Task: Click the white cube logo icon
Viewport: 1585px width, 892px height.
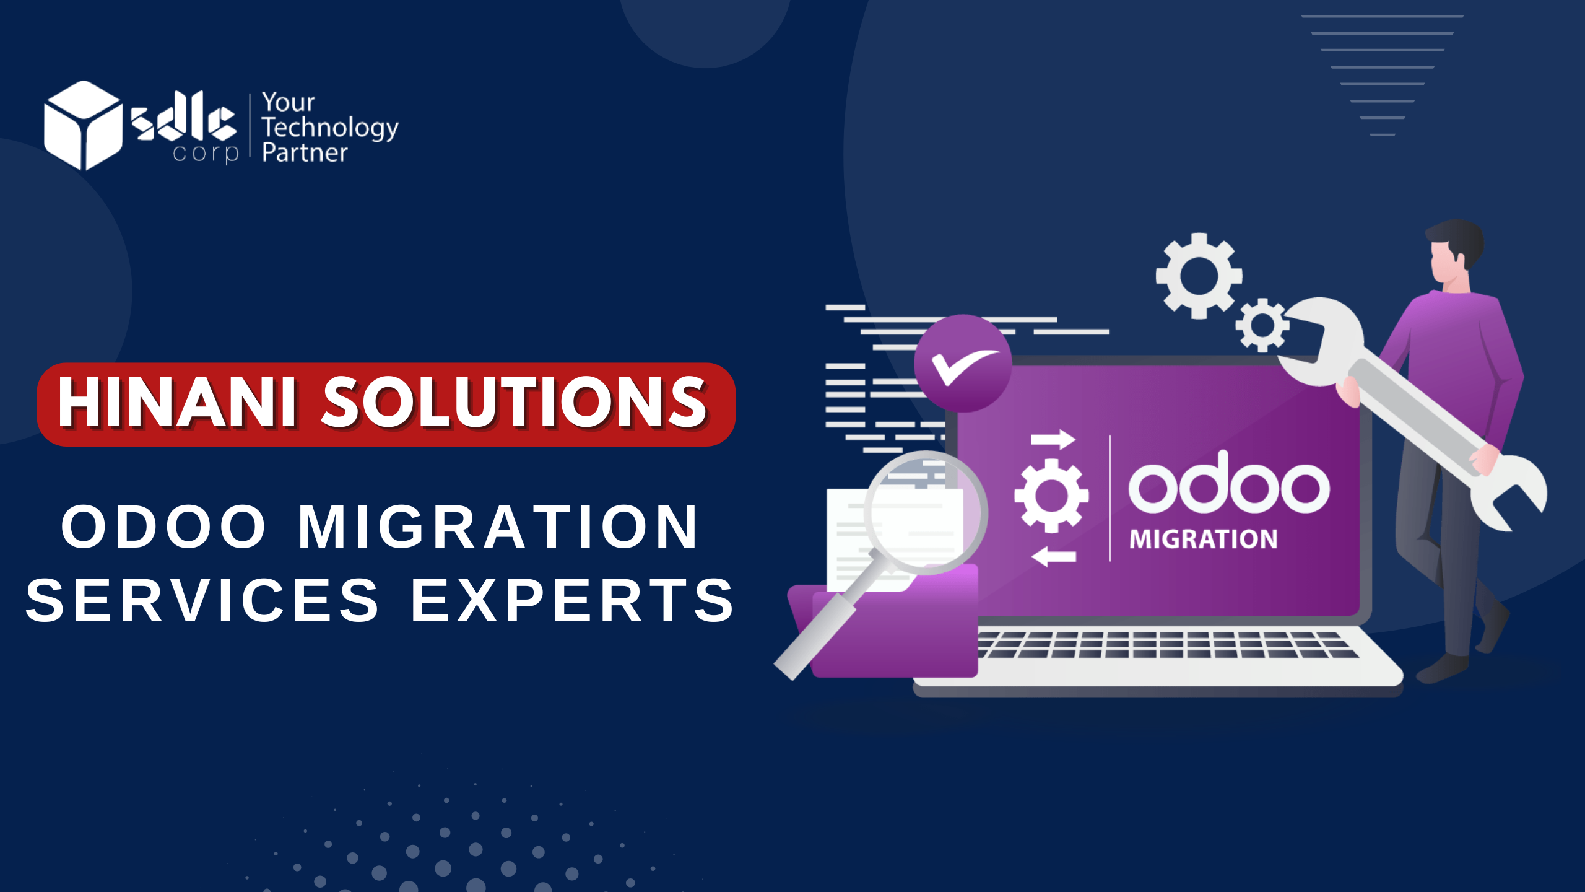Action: [x=83, y=125]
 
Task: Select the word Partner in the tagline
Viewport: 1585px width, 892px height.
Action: [x=305, y=153]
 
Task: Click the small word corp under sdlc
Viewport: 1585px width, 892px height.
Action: [x=206, y=154]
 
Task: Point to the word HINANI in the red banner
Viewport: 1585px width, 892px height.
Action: [x=178, y=403]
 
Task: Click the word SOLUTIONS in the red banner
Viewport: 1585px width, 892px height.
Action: [x=515, y=403]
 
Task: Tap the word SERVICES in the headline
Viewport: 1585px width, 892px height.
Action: [x=202, y=600]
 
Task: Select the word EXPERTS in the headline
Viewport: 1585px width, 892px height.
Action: [x=573, y=600]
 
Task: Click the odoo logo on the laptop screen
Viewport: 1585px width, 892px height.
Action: [x=1228, y=483]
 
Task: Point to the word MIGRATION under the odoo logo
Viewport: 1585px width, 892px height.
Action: [x=1204, y=540]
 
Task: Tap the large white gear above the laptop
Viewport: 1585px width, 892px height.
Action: [x=1199, y=276]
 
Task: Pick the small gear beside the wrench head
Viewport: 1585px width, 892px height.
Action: [x=1262, y=325]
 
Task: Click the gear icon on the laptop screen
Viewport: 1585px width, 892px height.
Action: [x=1051, y=496]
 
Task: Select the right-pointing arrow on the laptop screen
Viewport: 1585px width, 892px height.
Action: [x=1053, y=439]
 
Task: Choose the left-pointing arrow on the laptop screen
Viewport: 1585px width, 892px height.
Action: [x=1054, y=556]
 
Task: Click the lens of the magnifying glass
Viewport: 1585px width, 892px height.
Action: [x=926, y=513]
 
